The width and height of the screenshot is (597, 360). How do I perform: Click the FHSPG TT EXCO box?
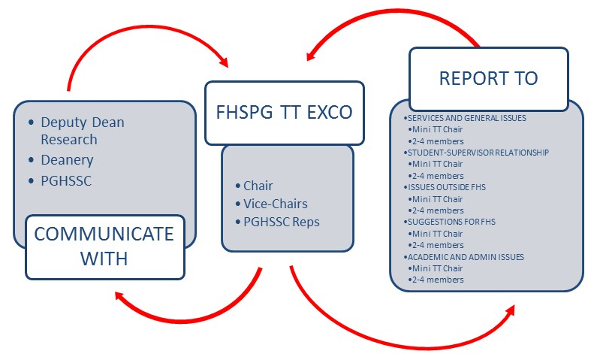pos(284,113)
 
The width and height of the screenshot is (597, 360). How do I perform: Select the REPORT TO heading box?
pos(488,79)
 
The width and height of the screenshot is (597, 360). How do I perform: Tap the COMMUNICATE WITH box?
pos(105,246)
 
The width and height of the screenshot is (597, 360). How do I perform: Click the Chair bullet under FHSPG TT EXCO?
pos(258,186)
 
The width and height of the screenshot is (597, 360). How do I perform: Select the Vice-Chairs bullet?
pos(275,204)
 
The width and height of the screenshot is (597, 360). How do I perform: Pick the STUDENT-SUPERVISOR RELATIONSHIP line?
pos(476,153)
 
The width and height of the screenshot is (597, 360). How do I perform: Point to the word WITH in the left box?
pos(105,258)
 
